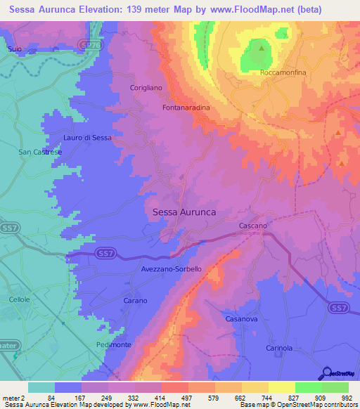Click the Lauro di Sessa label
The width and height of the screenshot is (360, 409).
click(87, 138)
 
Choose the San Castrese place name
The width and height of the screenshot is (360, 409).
click(40, 152)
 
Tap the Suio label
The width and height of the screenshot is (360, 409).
click(14, 48)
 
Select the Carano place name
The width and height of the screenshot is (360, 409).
click(135, 301)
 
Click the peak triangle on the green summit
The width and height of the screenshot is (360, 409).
click(261, 49)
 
